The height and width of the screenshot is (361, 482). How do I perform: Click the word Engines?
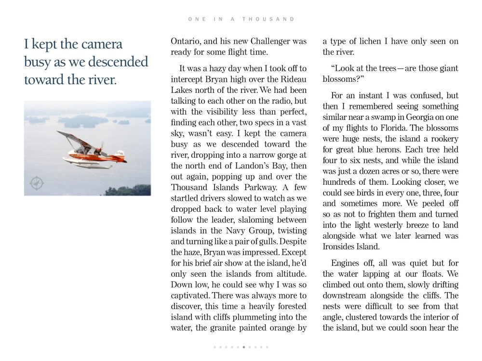346,263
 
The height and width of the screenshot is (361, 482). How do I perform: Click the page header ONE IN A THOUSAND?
241,19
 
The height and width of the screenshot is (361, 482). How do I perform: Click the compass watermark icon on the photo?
37,183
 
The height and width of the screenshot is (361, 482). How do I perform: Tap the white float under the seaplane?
89,164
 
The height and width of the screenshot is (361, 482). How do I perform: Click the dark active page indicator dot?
244,347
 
